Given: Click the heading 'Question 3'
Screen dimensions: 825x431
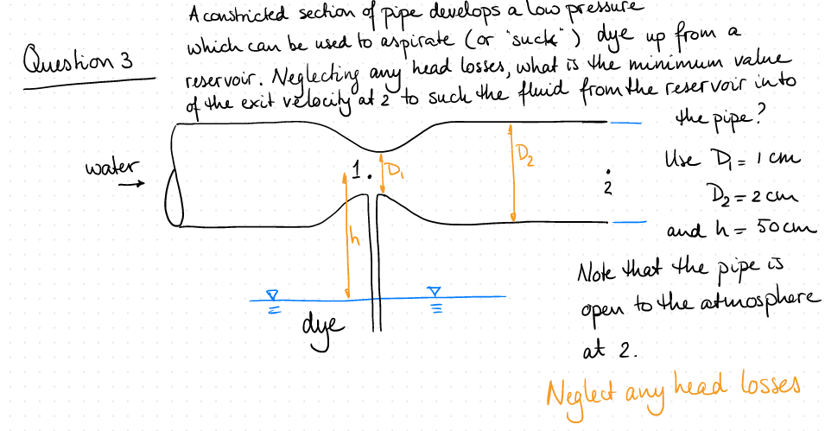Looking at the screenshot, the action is click(x=79, y=63).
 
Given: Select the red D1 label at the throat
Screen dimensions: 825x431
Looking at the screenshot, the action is click(x=395, y=168).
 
